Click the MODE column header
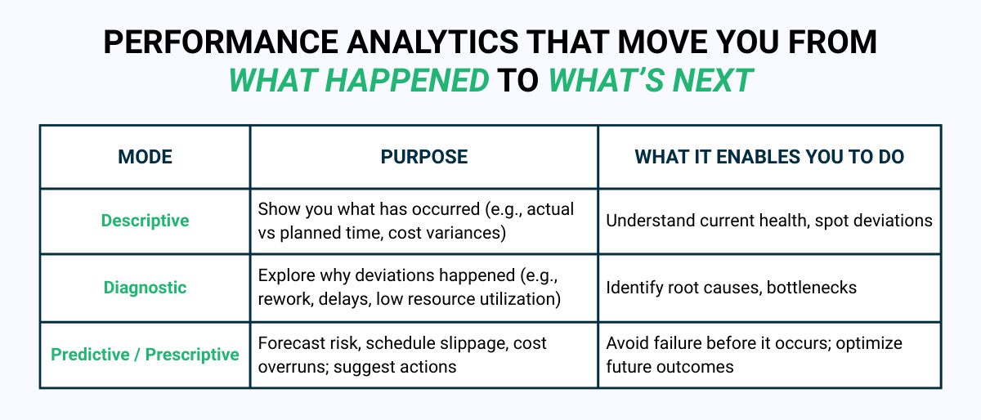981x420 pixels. click(x=145, y=157)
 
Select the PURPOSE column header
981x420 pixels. click(x=424, y=157)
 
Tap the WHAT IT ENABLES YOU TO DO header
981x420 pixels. click(x=769, y=157)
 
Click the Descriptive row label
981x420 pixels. click(x=145, y=221)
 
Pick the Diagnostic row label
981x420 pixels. click(x=145, y=288)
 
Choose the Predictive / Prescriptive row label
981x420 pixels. click(x=145, y=355)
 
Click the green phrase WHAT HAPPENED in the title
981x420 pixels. click(x=359, y=80)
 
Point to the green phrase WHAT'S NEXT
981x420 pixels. click(x=650, y=80)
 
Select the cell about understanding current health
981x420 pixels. click(x=769, y=221)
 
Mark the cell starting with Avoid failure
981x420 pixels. click(x=753, y=355)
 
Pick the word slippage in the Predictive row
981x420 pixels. click(x=475, y=343)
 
